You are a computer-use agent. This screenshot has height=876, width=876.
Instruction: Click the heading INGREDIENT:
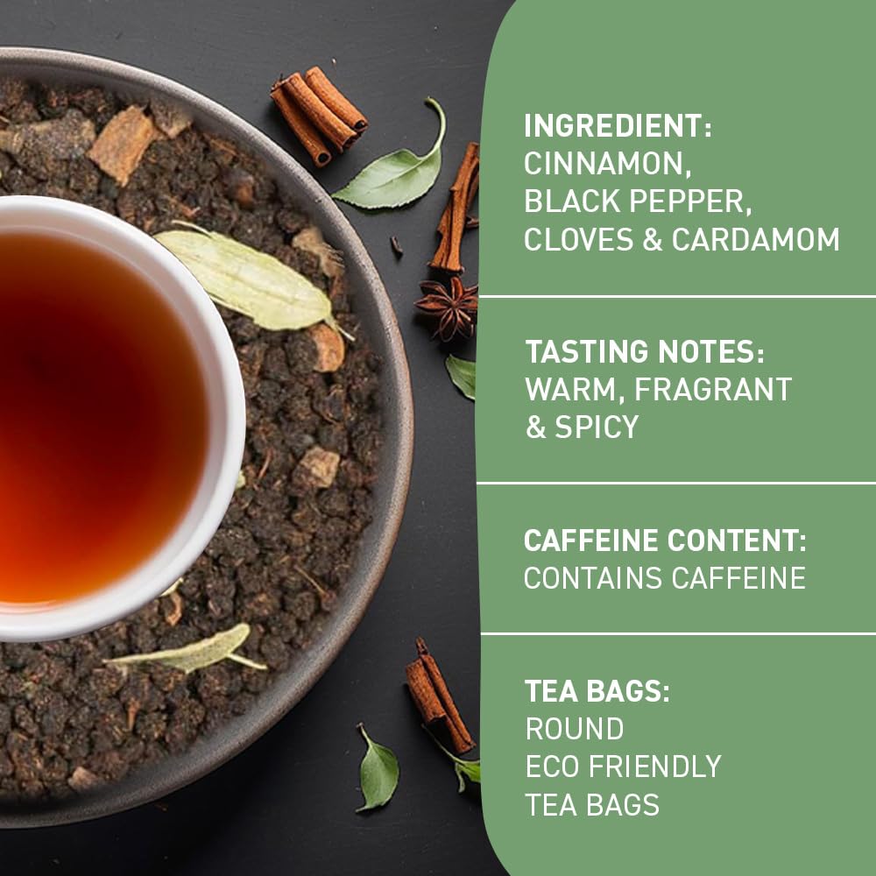[x=618, y=125]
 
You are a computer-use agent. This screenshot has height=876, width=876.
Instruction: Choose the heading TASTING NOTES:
[x=645, y=351]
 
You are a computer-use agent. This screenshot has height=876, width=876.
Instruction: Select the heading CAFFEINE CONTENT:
[x=665, y=540]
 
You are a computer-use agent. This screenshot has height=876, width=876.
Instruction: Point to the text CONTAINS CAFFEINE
[x=665, y=578]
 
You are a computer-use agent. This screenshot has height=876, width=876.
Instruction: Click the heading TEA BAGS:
[x=597, y=690]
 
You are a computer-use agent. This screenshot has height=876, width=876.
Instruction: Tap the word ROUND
[x=575, y=729]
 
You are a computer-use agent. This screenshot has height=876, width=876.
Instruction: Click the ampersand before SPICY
[x=535, y=427]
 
